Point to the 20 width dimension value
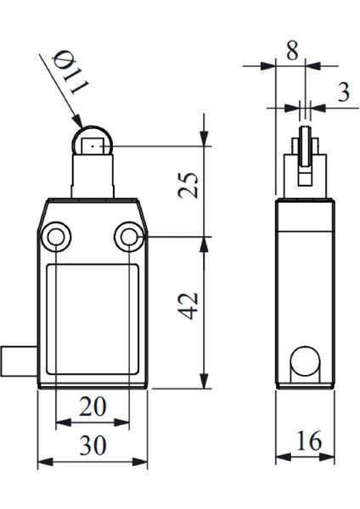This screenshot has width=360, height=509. [93, 407]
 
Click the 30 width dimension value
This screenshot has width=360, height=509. [93, 448]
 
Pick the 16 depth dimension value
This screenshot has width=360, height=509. [308, 442]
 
